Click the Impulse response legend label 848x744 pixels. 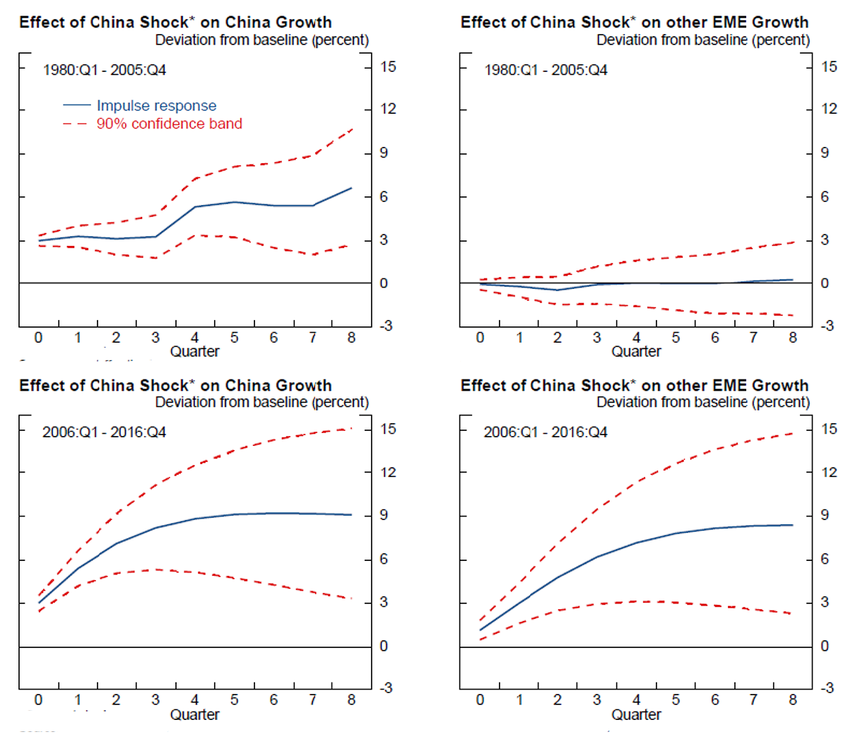[x=156, y=106]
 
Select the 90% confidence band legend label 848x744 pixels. [x=169, y=124]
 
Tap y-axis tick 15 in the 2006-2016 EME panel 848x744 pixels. [x=829, y=429]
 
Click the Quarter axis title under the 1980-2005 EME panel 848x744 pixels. [x=636, y=351]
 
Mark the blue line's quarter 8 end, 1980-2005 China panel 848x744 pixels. [x=351, y=188]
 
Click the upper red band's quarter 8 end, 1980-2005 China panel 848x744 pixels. [x=352, y=129]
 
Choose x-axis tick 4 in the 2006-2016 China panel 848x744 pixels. [x=195, y=699]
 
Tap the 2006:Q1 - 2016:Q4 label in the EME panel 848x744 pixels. [x=545, y=432]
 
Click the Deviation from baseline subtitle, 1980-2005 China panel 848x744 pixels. [x=261, y=40]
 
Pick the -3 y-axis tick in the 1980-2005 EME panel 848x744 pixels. [x=828, y=326]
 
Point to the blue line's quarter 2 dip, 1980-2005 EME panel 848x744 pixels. [x=558, y=290]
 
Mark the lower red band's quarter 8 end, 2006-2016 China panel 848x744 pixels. [x=351, y=598]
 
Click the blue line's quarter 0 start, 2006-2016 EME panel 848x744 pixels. [x=481, y=630]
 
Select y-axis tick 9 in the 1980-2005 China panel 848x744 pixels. [x=384, y=153]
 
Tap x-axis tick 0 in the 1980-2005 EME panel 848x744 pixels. [x=481, y=338]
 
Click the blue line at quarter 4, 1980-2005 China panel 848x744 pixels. [x=195, y=206]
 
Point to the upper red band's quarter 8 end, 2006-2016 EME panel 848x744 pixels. [x=792, y=433]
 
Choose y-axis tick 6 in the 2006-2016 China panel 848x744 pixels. [x=384, y=559]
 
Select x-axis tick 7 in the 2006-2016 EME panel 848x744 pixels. [x=753, y=699]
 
